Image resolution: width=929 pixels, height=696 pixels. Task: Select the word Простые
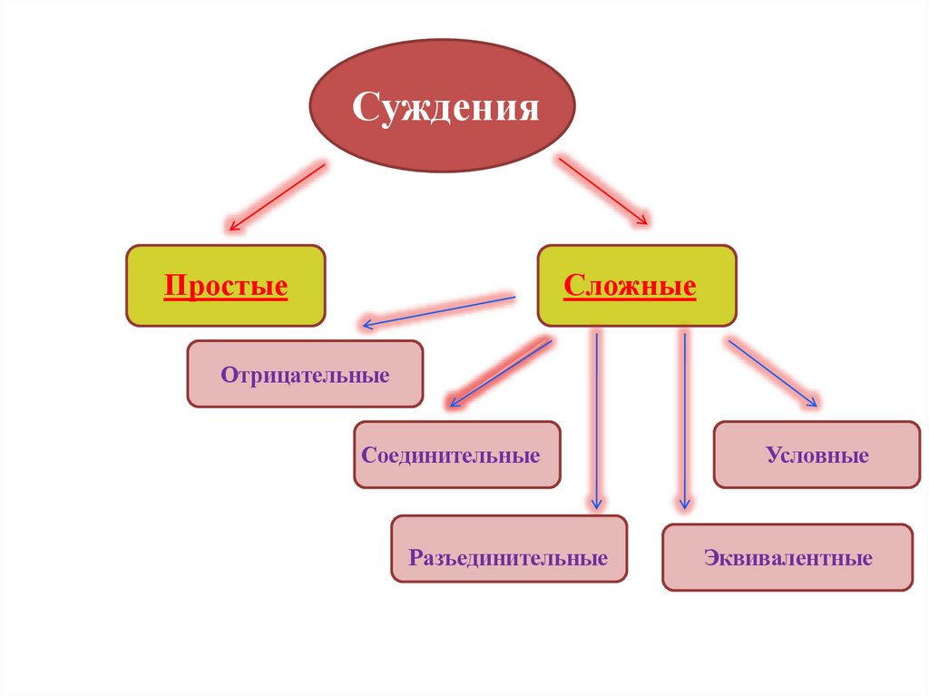click(226, 288)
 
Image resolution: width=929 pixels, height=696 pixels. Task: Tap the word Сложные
click(630, 288)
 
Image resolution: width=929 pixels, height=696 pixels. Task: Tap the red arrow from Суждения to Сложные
click(603, 191)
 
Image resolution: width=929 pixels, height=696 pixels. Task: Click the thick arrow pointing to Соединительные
click(498, 372)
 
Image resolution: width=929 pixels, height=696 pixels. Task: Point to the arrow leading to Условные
click(773, 373)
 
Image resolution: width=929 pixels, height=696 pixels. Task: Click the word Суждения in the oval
click(445, 109)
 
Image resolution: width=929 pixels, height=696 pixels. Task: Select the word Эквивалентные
click(787, 558)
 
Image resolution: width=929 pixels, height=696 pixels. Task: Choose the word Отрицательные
click(305, 375)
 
